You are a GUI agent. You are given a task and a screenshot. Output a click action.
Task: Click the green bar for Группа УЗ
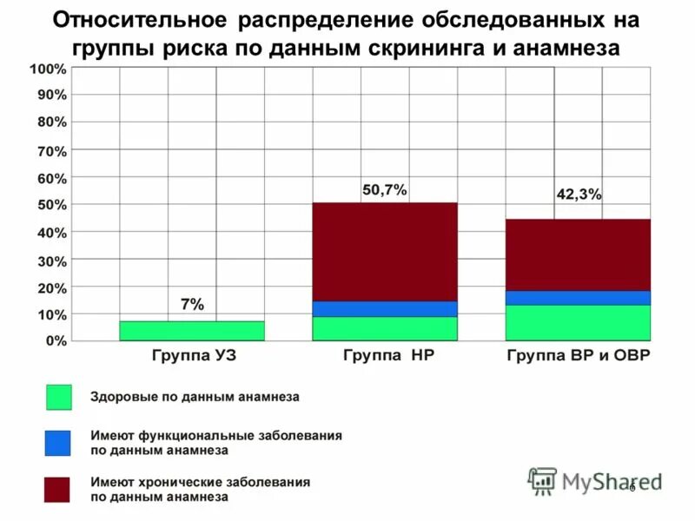pos(191,331)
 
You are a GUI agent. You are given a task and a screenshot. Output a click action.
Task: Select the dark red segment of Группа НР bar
pos(384,252)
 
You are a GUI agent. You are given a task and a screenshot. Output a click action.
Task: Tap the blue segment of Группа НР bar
pos(384,308)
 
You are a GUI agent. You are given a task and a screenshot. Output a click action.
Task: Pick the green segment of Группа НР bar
pos(384,328)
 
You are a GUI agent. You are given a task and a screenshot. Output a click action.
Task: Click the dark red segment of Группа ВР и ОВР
pos(578,254)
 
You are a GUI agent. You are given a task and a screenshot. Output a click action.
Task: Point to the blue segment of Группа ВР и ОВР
pos(578,298)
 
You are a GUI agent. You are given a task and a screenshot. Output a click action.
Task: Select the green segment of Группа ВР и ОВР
pos(578,322)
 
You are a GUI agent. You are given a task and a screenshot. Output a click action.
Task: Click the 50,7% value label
pos(384,189)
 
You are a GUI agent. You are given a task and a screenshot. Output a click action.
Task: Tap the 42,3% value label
pos(578,195)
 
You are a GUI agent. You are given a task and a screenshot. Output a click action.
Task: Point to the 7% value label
pos(192,305)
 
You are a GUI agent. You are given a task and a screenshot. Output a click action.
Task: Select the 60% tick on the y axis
pos(51,178)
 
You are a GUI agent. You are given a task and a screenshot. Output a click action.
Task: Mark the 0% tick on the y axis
pos(55,341)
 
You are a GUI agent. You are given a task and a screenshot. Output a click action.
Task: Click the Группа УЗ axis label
pos(194,357)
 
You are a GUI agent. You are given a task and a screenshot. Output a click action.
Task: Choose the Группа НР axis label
pos(383,356)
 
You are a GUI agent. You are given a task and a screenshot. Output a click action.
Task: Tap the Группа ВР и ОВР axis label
pos(578,357)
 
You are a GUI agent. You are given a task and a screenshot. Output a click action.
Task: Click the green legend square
pos(58,397)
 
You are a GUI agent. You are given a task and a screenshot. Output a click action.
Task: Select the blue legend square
pos(58,443)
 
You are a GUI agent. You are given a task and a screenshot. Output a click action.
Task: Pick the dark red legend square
pos(58,489)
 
